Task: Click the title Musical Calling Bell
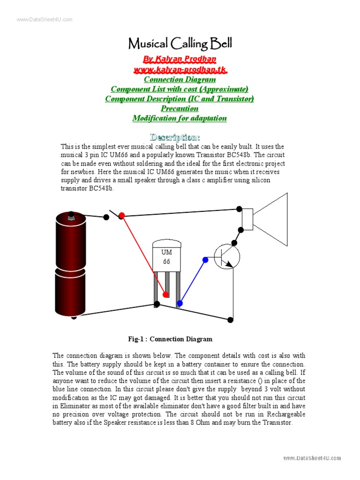click(180, 44)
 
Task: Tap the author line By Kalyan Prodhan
click(180, 59)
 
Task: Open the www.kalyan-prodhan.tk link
click(180, 69)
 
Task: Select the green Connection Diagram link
click(180, 79)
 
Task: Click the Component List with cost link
click(180, 89)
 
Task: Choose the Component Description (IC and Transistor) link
click(180, 99)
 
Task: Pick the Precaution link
click(180, 109)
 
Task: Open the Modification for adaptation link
click(180, 118)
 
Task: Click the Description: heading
click(175, 137)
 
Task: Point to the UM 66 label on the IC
click(166, 257)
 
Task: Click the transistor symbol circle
click(227, 256)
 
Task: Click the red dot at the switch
click(121, 216)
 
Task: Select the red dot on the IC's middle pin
click(166, 294)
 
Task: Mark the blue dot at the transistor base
click(205, 259)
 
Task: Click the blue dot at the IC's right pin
click(180, 304)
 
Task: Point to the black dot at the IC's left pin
click(157, 304)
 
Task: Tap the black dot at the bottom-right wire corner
click(230, 320)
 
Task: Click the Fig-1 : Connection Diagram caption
click(170, 339)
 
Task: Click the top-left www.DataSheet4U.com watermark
click(45, 19)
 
